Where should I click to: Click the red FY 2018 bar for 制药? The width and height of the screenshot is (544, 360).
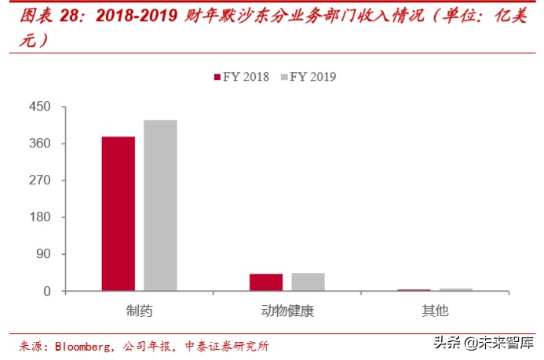pyautogui.click(x=118, y=213)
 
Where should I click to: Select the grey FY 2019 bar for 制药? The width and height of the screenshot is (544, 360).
pyautogui.click(x=160, y=205)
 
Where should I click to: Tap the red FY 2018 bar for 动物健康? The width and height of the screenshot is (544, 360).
pyautogui.click(x=265, y=282)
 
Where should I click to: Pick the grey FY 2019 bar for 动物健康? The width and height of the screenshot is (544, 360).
pyautogui.click(x=308, y=282)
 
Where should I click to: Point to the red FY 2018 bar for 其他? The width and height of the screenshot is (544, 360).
pyautogui.click(x=414, y=289)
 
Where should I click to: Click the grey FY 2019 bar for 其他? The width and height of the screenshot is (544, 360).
pyautogui.click(x=456, y=289)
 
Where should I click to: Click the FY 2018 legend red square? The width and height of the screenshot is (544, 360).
pyautogui.click(x=217, y=77)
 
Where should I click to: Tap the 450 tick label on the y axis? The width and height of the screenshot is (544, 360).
pyautogui.click(x=40, y=107)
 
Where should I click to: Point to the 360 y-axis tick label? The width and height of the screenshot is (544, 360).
pyautogui.click(x=40, y=144)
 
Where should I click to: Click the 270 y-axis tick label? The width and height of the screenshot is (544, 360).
pyautogui.click(x=40, y=180)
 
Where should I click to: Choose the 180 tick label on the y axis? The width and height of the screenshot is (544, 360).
pyautogui.click(x=40, y=217)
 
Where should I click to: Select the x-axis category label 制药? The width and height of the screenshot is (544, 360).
pyautogui.click(x=139, y=311)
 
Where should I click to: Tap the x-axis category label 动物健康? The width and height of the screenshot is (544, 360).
pyautogui.click(x=287, y=311)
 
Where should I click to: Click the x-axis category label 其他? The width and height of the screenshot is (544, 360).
pyautogui.click(x=435, y=311)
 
